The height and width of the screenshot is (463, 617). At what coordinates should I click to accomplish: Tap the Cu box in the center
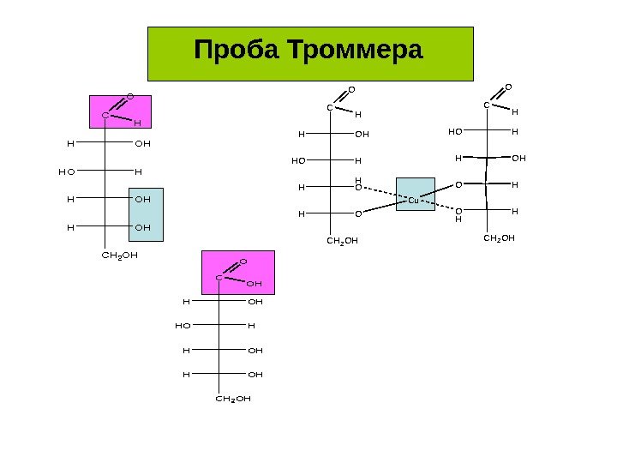tap(412, 200)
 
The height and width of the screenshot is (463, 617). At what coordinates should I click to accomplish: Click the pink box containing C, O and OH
tap(237, 271)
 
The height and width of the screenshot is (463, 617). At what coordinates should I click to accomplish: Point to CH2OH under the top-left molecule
tap(119, 255)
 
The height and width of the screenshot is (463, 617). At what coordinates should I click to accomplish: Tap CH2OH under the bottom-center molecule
tap(233, 399)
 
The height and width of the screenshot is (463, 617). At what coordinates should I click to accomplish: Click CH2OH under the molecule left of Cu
tap(341, 241)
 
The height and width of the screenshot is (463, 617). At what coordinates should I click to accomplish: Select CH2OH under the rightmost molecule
tap(499, 238)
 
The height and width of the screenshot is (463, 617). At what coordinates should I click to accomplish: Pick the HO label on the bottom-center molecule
tap(182, 326)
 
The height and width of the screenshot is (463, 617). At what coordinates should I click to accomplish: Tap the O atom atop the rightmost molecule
tap(506, 87)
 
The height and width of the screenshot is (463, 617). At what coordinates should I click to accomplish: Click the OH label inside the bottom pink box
tap(254, 282)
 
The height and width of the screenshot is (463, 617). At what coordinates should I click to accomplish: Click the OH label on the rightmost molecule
tap(518, 158)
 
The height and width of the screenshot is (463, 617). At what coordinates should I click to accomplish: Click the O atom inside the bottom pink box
tap(243, 261)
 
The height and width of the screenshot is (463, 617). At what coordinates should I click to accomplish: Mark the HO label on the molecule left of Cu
tap(299, 159)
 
